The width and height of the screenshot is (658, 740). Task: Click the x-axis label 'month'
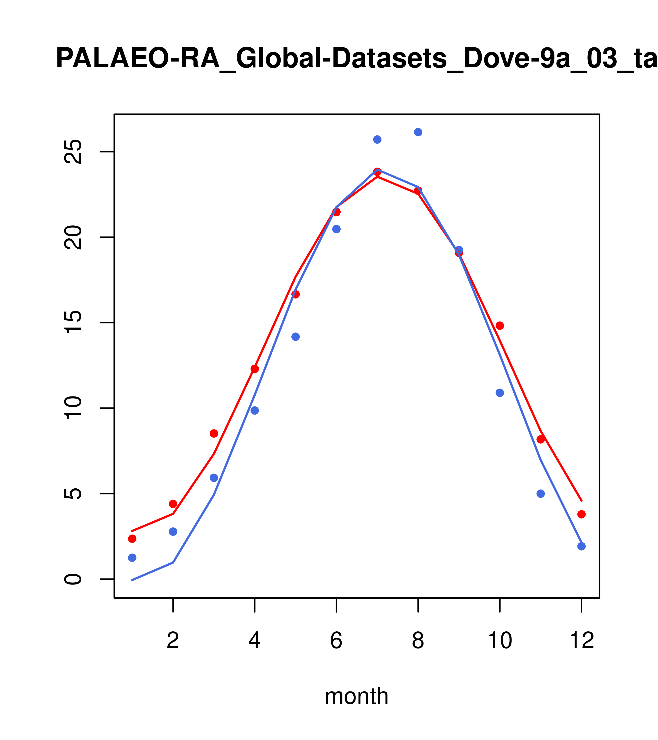[356, 696]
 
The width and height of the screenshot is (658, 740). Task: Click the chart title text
[356, 59]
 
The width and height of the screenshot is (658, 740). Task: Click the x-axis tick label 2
[173, 640]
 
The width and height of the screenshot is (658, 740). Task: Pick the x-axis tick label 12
[582, 640]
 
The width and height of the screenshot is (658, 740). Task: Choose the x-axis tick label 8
[418, 640]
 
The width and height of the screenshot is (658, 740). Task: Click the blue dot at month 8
[418, 132]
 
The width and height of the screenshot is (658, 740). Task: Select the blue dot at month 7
[377, 139]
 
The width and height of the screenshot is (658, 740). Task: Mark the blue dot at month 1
[132, 558]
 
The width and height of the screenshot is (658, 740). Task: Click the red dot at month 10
[500, 325]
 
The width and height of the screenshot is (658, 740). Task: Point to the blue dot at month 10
[500, 393]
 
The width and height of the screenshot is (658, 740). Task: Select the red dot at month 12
[582, 514]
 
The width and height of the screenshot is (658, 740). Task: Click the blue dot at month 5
[296, 337]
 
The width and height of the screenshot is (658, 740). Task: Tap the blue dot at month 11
[541, 494]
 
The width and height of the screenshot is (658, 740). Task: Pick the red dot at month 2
[173, 504]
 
